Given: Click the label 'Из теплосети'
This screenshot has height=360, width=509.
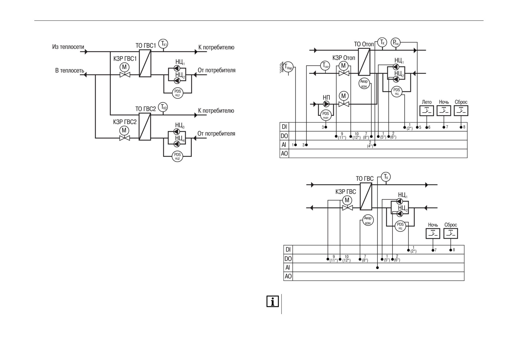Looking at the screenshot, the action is [x=68, y=47].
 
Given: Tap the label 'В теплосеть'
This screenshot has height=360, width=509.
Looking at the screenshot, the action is [x=70, y=70].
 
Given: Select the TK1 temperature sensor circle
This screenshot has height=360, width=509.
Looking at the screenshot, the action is [x=163, y=44].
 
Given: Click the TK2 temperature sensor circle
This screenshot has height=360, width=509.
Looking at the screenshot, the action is [x=163, y=107].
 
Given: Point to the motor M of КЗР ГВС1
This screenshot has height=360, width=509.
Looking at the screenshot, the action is [x=125, y=67].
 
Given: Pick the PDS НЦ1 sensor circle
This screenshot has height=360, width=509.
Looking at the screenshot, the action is [x=178, y=93].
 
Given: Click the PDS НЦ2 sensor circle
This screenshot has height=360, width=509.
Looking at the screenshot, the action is [x=178, y=156].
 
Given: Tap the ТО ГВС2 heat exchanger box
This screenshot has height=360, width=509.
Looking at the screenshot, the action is [x=145, y=127].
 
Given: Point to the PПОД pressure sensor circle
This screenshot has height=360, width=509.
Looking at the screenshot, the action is [x=396, y=43].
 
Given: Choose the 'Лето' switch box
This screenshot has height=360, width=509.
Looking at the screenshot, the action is [x=427, y=111].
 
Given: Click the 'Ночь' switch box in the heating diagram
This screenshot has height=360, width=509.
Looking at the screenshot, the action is [x=444, y=111].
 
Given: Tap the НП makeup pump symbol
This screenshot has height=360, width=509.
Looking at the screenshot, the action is [x=326, y=104].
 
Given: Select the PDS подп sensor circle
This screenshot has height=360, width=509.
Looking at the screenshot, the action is [x=326, y=115].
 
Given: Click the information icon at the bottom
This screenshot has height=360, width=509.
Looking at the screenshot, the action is [x=273, y=301].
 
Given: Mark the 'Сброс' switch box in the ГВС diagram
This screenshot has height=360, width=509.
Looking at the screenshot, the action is [x=451, y=234].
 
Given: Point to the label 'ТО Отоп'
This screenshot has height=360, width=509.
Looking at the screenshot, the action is [x=364, y=44].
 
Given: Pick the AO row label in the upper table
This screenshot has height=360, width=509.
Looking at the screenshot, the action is [x=284, y=153].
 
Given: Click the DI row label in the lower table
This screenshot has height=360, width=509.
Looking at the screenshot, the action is [x=288, y=250].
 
